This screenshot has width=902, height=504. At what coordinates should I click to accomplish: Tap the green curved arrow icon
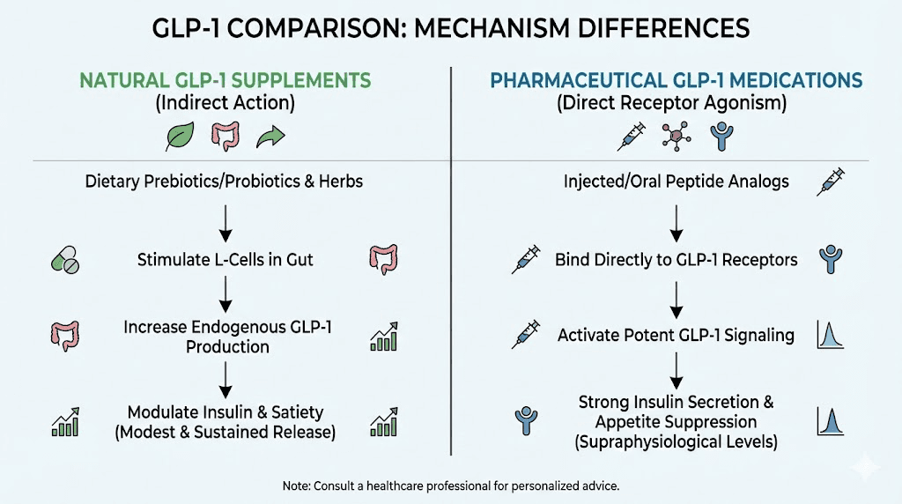pos(269,137)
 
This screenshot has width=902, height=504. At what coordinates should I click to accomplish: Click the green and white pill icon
pos(65,260)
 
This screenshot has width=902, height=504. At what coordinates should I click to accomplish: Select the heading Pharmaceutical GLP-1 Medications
pos(676,81)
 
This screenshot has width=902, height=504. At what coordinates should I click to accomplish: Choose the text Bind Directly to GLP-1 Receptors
pos(676,260)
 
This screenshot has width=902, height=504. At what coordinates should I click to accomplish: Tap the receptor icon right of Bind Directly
pos(831,259)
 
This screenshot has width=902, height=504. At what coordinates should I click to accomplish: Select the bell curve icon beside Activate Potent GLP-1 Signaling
pos(831,335)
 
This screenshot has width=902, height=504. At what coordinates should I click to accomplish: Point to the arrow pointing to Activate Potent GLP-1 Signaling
pos(676,299)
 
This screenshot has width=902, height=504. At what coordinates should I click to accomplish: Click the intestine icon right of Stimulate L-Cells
pos(384,260)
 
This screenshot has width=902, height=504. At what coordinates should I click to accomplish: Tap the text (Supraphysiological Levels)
pos(676,441)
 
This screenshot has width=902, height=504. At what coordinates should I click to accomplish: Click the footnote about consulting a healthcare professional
pos(450,485)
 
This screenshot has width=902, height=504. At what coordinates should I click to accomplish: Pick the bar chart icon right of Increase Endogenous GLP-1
pos(384,336)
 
